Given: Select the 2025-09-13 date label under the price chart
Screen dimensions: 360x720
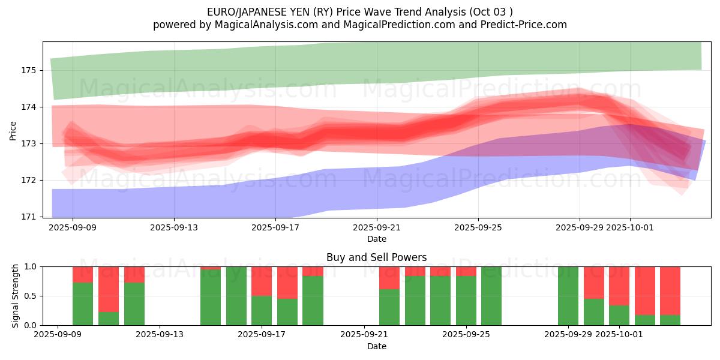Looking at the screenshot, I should tap(174, 227).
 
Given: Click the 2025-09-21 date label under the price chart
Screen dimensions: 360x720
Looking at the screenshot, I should tap(377, 227).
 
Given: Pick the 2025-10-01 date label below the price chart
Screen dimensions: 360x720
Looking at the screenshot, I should tap(630, 227).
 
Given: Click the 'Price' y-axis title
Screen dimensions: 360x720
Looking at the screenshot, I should tap(13, 130).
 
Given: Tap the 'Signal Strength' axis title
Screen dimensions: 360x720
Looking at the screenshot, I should tap(16, 296).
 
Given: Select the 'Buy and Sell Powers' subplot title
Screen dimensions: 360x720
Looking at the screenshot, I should tap(376, 257).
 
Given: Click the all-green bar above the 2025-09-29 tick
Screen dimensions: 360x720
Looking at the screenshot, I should tap(568, 296).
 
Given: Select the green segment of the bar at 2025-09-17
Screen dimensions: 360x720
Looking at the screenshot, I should tap(262, 311).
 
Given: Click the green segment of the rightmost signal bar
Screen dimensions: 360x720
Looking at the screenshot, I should tap(670, 320).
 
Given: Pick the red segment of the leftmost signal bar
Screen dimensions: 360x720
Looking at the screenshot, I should tap(83, 274).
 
